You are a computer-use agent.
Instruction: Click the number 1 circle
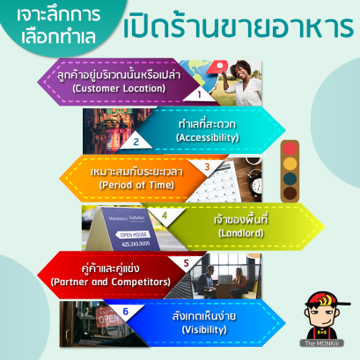(199, 91)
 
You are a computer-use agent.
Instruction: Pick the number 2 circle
(136, 141)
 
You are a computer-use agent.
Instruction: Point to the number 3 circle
(207, 165)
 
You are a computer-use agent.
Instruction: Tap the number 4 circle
(164, 216)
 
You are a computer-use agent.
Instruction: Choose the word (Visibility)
(204, 329)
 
